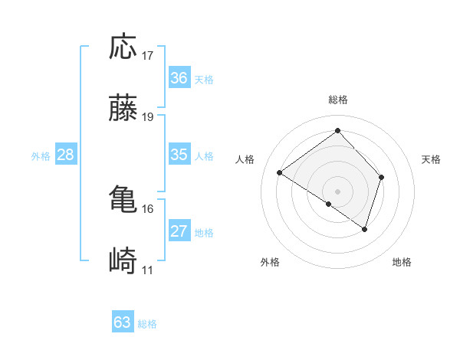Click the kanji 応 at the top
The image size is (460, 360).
(x=123, y=47)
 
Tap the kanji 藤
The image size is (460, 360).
(x=123, y=110)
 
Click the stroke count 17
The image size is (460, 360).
(x=148, y=56)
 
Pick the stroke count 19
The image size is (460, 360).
(x=148, y=117)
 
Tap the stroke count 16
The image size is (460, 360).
(x=148, y=208)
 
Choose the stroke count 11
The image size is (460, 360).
(x=148, y=270)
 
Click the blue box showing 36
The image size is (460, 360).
(x=179, y=78)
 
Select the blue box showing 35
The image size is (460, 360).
(x=179, y=155)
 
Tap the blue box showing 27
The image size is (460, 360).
(x=179, y=231)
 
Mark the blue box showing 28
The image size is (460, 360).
(x=66, y=155)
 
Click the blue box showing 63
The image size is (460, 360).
(x=123, y=322)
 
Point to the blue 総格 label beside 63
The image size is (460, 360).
(x=147, y=324)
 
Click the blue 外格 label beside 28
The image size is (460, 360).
(x=41, y=156)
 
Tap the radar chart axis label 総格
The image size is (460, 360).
(x=338, y=100)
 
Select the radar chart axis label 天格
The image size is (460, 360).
(x=432, y=159)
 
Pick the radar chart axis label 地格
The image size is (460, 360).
(x=402, y=263)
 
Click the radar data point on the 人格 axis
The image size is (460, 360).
(x=280, y=173)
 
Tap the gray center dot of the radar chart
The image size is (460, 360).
(x=338, y=191)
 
